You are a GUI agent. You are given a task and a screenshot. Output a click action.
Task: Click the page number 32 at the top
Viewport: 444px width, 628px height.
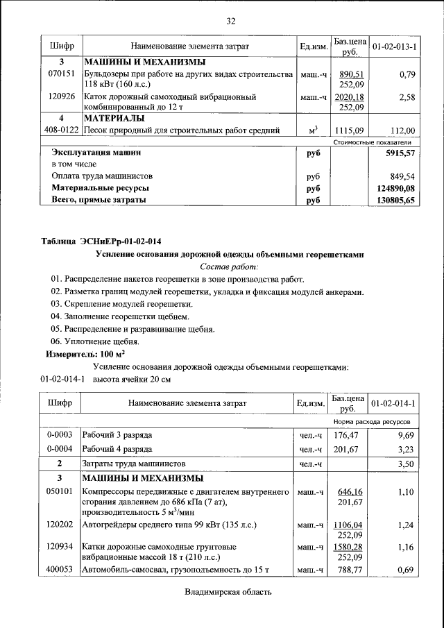pos(231,20)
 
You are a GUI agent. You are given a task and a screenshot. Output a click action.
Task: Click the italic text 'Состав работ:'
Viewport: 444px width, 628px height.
pos(229,266)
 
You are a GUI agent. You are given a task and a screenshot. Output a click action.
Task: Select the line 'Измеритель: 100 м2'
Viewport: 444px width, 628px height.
pos(80,354)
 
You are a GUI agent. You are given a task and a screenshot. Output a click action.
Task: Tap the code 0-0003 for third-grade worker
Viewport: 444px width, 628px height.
pos(60,435)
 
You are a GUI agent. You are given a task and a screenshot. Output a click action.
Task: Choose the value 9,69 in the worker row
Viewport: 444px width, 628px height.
pos(405,435)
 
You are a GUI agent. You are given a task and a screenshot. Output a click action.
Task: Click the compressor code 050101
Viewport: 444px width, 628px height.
pos(60,491)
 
